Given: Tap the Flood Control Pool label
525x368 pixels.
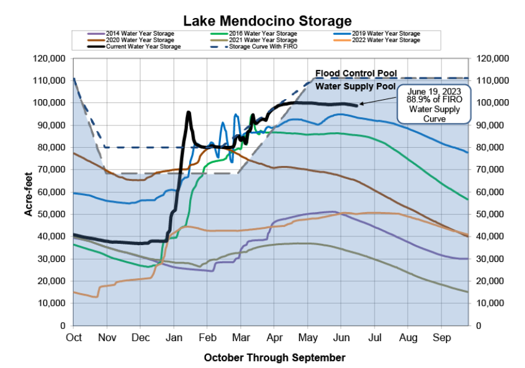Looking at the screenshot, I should click(356, 74).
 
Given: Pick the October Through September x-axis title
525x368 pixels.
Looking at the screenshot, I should click(274, 358).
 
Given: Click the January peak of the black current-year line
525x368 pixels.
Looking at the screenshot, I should click(189, 112).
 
